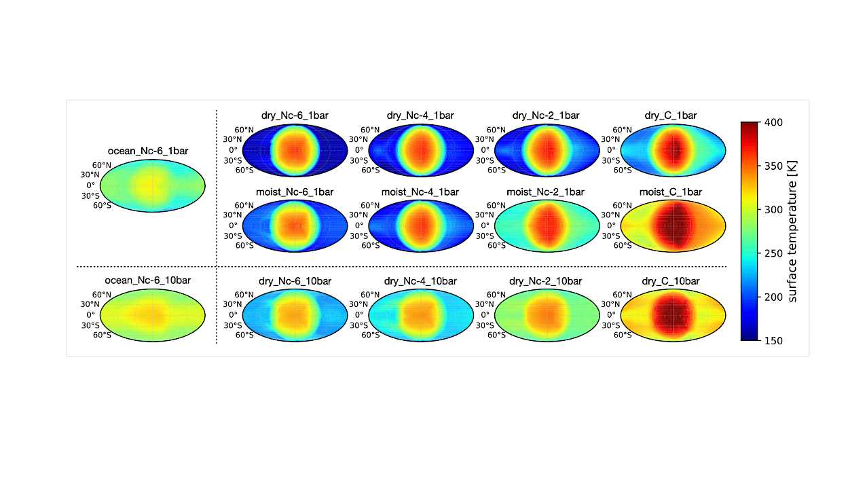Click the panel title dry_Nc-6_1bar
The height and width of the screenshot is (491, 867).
[x=295, y=115]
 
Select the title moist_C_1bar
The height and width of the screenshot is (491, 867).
[x=671, y=192]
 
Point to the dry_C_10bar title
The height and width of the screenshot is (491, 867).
[x=671, y=280]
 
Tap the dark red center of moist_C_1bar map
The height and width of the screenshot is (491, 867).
[x=674, y=225]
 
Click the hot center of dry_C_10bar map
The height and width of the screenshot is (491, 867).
[x=674, y=315]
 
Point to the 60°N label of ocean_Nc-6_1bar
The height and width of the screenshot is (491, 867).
[x=102, y=164]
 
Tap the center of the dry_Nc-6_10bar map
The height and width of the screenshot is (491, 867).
[x=295, y=315]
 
